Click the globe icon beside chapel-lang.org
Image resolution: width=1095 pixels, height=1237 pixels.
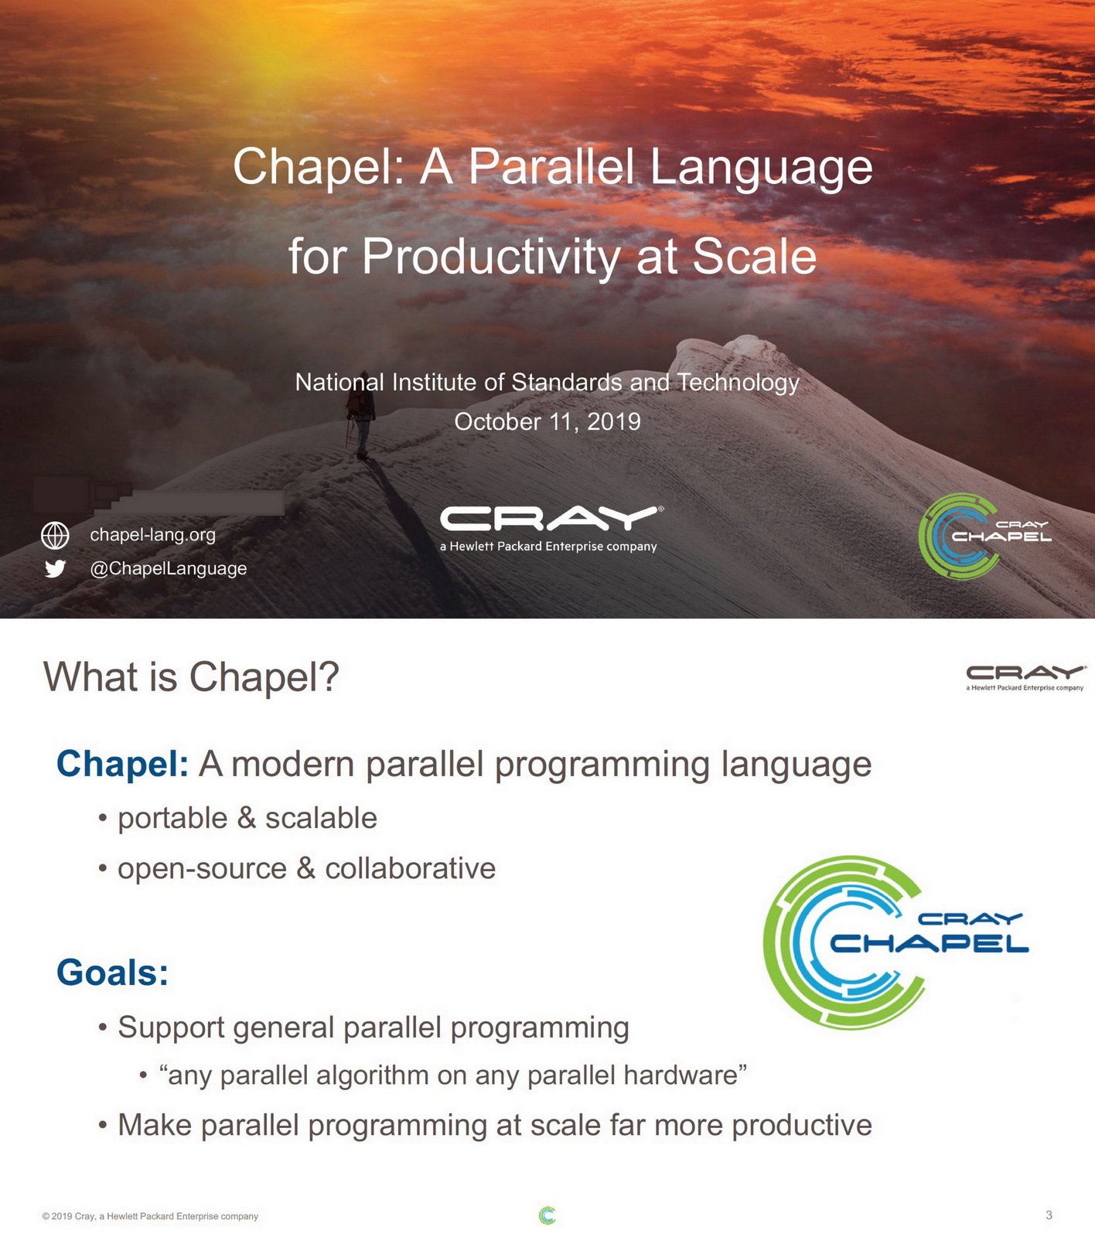click(55, 535)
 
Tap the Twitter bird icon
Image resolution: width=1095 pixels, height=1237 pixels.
click(55, 569)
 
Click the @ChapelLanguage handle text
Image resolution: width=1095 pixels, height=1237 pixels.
click(169, 569)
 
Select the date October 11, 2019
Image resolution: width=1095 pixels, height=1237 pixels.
click(547, 422)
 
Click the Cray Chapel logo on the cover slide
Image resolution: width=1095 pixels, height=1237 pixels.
click(982, 536)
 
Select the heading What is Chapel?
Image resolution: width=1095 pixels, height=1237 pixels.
click(191, 677)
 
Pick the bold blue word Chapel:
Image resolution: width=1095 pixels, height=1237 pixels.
click(122, 765)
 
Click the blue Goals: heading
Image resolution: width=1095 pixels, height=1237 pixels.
click(112, 973)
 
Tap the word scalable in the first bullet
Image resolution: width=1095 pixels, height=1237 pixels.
click(321, 819)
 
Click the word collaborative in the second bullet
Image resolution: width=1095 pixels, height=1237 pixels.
click(410, 869)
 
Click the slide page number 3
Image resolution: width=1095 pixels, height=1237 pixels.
click(1049, 1215)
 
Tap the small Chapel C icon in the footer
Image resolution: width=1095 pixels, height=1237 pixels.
click(547, 1215)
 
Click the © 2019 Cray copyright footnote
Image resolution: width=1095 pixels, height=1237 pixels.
click(150, 1216)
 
